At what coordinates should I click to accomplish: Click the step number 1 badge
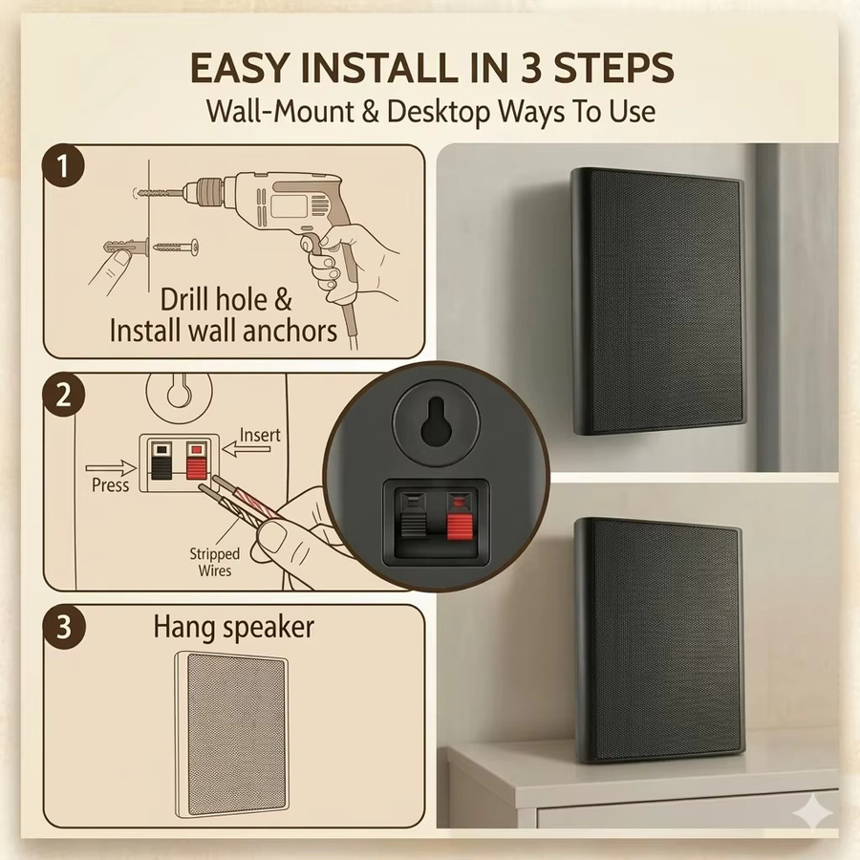pyautogui.click(x=64, y=165)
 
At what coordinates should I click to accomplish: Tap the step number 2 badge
pyautogui.click(x=64, y=395)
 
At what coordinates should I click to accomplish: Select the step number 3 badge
pyautogui.click(x=65, y=627)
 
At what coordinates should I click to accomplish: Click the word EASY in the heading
pyautogui.click(x=239, y=68)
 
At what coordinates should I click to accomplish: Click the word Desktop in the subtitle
pyautogui.click(x=439, y=112)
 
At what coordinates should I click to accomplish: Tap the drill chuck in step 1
pyautogui.click(x=204, y=193)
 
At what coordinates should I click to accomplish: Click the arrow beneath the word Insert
pyautogui.click(x=247, y=450)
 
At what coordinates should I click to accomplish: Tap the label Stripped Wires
pyautogui.click(x=214, y=562)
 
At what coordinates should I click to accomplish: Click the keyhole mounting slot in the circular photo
pyautogui.click(x=436, y=420)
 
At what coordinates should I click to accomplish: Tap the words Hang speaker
pyautogui.click(x=234, y=628)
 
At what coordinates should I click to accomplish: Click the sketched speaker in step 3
pyautogui.click(x=232, y=735)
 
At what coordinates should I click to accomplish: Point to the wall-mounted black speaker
pyautogui.click(x=657, y=301)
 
